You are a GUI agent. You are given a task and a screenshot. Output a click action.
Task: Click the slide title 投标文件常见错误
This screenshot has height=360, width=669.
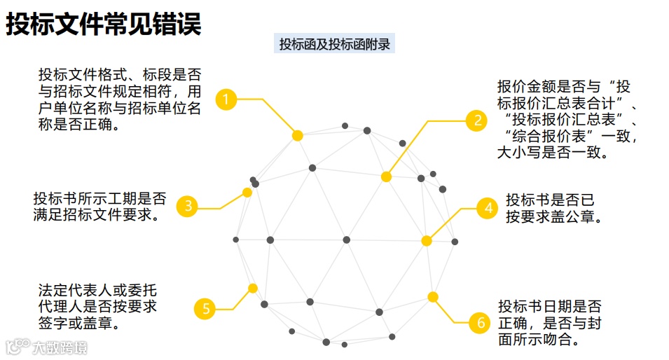104,24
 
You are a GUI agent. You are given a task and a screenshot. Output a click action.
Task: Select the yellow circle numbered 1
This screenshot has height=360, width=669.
226,99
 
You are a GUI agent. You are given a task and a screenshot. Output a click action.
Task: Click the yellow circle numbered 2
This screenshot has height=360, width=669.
477,120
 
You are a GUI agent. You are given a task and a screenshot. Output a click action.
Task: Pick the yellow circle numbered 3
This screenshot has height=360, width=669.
188,206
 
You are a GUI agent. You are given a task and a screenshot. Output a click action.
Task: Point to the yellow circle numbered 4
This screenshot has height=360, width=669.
487,208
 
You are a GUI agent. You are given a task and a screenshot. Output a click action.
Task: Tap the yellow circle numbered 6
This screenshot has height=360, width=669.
480,323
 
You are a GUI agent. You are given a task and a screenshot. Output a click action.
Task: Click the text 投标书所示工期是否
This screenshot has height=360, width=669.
100,198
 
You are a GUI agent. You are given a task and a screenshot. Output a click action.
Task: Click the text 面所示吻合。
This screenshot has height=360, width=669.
539,340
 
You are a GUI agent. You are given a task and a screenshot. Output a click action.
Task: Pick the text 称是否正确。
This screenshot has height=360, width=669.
78,125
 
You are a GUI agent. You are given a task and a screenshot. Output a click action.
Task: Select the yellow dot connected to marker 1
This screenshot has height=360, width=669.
297,135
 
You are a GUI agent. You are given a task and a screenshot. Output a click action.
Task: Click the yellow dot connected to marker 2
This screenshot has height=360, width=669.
386,177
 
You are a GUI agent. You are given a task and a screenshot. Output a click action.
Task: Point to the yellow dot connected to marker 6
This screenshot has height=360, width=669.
433,297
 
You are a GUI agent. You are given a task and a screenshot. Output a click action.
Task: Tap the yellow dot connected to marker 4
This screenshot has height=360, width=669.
426,241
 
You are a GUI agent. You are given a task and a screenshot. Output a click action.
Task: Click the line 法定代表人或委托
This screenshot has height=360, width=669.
98,289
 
